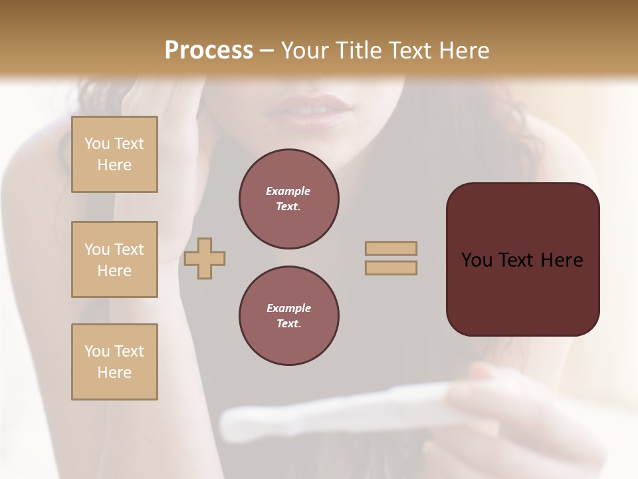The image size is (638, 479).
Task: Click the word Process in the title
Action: (x=209, y=51)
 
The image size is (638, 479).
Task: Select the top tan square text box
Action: (x=114, y=154)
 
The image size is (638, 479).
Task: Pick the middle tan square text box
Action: (x=114, y=259)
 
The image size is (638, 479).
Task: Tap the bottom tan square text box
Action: (x=114, y=362)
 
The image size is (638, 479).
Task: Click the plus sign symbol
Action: (x=205, y=257)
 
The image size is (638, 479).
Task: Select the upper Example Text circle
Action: (x=288, y=199)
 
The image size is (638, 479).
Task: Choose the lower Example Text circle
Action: (x=288, y=316)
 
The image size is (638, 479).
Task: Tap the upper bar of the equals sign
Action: (x=391, y=248)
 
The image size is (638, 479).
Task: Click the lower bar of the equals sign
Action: (x=391, y=267)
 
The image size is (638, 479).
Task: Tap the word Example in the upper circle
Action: (x=288, y=191)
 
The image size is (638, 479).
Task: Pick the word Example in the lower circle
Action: (x=288, y=308)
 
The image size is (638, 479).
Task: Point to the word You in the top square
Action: (x=97, y=144)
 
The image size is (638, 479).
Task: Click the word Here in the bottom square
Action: (x=114, y=373)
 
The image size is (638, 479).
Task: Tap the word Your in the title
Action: (x=306, y=51)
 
